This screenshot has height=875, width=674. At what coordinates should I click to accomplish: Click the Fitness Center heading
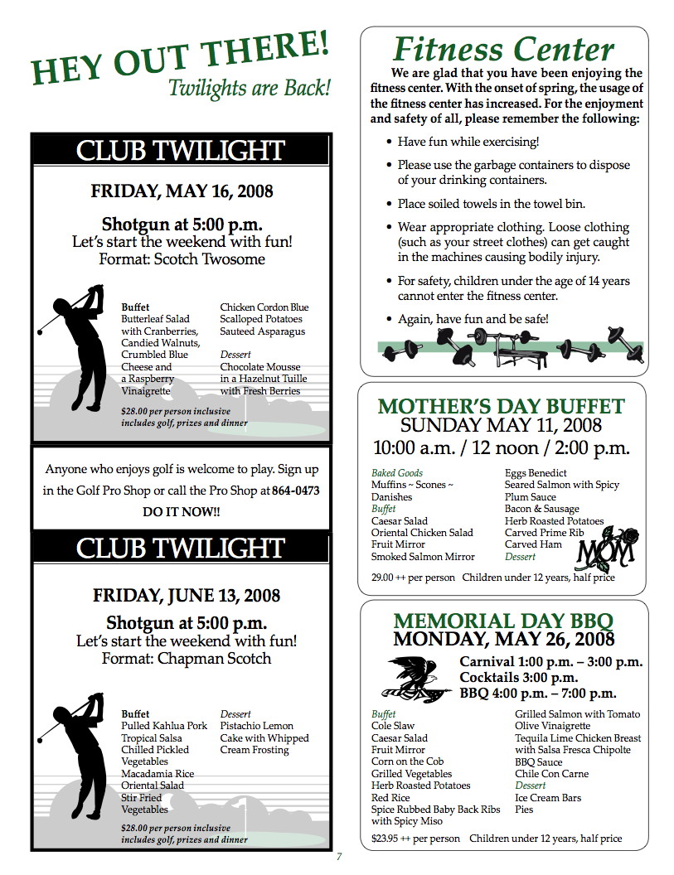click(502, 50)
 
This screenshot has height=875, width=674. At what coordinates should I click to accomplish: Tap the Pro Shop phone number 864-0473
click(296, 491)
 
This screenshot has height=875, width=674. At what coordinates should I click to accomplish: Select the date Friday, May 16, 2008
click(182, 192)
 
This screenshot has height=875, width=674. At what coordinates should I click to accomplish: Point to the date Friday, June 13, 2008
click(187, 596)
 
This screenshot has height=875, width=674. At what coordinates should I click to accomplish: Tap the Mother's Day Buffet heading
click(501, 407)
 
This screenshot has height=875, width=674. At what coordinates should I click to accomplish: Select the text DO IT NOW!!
click(182, 512)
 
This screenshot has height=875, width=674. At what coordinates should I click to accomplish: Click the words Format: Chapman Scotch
click(187, 660)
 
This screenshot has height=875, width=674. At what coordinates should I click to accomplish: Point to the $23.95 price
click(385, 839)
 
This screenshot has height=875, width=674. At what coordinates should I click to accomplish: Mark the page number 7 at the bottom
click(339, 857)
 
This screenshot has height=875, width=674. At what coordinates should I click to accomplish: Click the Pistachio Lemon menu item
click(257, 726)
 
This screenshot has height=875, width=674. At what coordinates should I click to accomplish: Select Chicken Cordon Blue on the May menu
click(264, 307)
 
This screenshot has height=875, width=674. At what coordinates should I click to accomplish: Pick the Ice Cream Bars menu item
click(548, 798)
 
